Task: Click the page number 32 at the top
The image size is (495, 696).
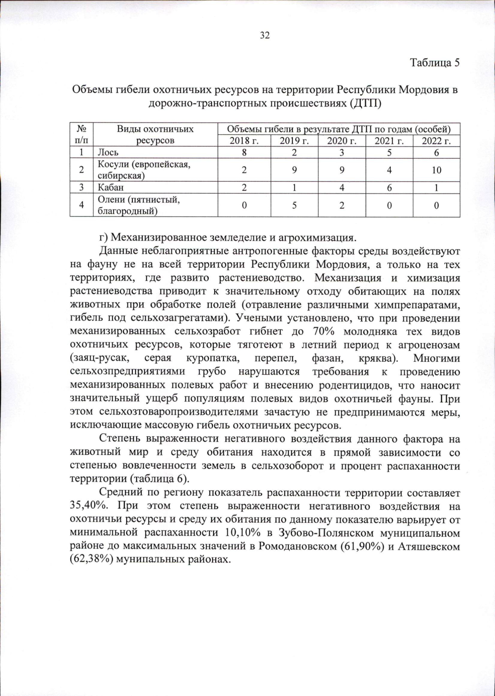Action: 264,35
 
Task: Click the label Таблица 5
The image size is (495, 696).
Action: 434,63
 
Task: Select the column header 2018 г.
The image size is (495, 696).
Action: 244,141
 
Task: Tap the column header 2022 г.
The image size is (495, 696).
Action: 436,141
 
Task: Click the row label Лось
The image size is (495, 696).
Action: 108,153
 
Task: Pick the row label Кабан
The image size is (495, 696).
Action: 111,188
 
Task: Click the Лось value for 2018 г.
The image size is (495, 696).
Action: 244,153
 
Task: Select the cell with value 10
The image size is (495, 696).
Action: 436,170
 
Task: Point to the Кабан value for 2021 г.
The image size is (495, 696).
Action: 389,188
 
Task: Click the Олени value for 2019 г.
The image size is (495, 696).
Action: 294,205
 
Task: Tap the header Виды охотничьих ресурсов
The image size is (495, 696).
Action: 155,135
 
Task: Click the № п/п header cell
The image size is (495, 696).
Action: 81,135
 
